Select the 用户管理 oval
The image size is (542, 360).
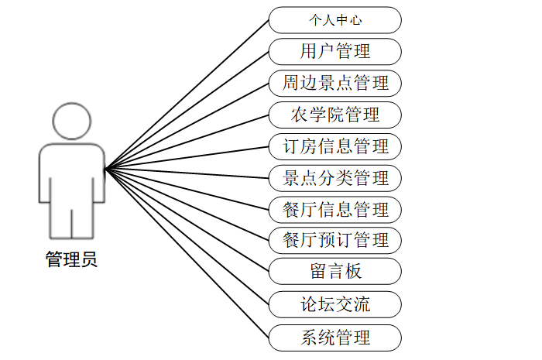[334, 52]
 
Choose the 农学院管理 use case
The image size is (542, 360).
[334, 115]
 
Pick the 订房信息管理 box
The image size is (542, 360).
[334, 146]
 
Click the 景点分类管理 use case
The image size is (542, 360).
[334, 178]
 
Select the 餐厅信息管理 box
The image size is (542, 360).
[334, 209]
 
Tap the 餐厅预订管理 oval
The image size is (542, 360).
[334, 240]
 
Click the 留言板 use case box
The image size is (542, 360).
[334, 272]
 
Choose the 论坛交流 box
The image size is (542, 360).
[334, 304]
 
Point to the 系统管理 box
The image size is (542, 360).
[334, 338]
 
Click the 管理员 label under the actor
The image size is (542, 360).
[71, 260]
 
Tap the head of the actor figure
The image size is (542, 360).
[71, 122]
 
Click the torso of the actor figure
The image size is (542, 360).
[71, 174]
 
